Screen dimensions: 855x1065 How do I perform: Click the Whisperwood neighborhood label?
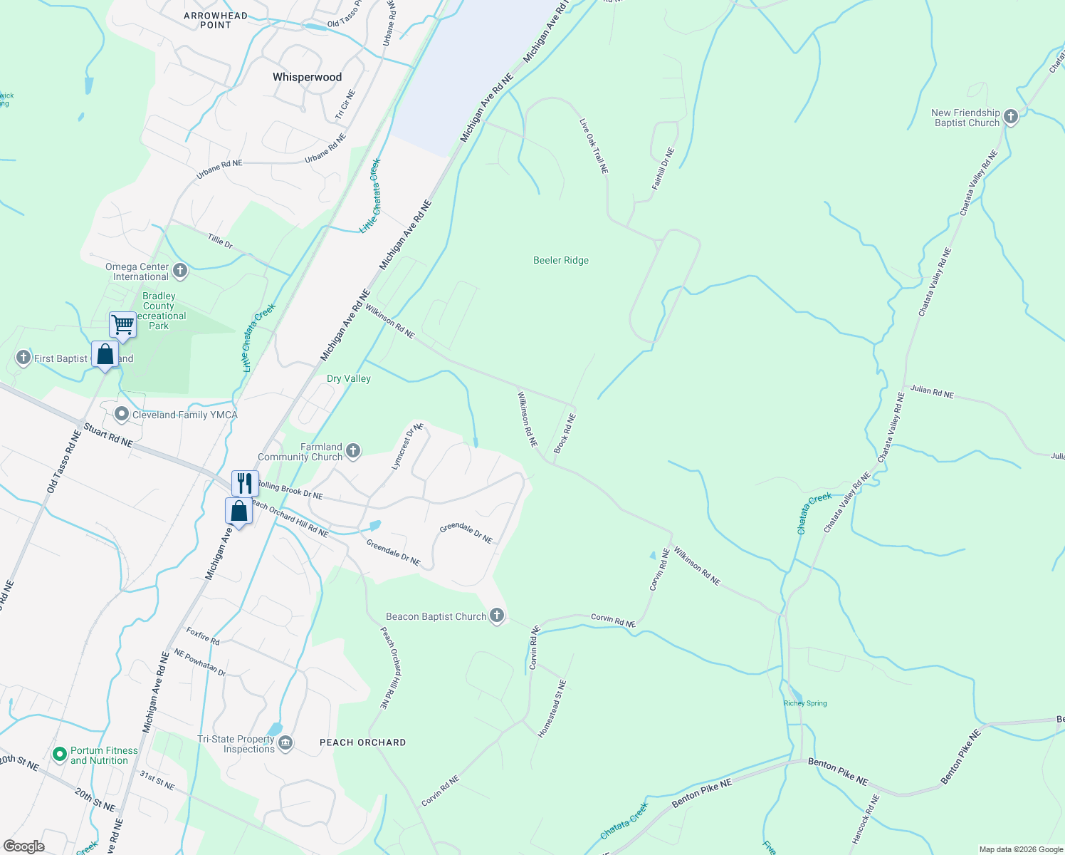point(307,77)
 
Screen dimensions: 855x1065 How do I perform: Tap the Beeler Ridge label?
point(561,261)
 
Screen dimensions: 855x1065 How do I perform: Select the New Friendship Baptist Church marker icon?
point(1011,116)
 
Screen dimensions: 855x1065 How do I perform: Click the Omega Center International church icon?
point(180,270)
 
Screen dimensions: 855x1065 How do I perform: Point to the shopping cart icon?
point(122,325)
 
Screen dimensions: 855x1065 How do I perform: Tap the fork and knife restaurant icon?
point(245,483)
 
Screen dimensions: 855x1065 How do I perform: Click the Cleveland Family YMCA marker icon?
point(122,414)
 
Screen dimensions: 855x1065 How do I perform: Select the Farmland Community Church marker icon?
point(353,450)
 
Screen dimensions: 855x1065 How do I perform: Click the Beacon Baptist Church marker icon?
point(497,616)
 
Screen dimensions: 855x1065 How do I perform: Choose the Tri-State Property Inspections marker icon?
point(285,744)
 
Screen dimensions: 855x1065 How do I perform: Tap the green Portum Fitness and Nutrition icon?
point(60,754)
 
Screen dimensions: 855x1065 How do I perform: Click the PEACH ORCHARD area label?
point(362,742)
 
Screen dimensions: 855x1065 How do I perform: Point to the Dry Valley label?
point(349,379)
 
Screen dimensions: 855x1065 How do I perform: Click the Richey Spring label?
point(805,703)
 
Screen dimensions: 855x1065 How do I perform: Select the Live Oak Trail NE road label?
point(594,146)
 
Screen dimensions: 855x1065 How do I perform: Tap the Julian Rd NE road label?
point(932,391)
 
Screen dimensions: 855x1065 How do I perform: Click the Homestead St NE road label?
point(552,708)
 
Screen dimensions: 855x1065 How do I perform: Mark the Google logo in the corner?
point(24,846)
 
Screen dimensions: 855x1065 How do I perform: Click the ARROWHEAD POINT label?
point(216,20)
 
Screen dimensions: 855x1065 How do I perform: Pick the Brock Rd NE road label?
point(565,434)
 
